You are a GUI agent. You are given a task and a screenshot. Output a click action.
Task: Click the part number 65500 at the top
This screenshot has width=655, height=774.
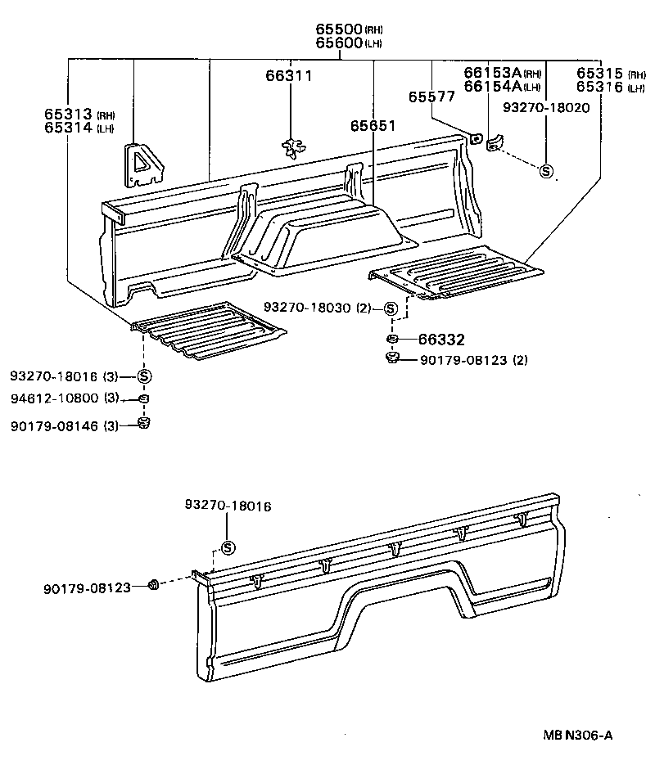339,29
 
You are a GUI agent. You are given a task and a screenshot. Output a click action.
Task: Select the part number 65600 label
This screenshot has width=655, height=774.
339,43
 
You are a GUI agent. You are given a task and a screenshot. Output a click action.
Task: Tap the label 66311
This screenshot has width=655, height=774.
288,76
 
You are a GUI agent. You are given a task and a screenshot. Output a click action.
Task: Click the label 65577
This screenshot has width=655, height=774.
431,97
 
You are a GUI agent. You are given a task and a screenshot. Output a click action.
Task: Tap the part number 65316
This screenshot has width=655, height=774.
599,87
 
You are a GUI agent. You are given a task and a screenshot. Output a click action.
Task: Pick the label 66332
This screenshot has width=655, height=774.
442,339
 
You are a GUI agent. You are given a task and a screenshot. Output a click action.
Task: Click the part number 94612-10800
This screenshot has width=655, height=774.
55,398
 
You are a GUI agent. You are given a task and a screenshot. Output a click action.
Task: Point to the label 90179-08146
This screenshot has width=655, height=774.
55,424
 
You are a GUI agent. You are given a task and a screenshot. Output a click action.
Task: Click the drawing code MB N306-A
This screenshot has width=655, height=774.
577,736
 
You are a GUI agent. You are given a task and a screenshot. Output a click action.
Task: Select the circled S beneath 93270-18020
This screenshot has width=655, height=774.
546,171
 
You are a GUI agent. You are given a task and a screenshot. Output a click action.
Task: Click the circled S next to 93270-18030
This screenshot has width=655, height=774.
391,308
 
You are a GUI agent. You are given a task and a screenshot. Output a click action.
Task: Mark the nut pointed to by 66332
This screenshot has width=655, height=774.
392,339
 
